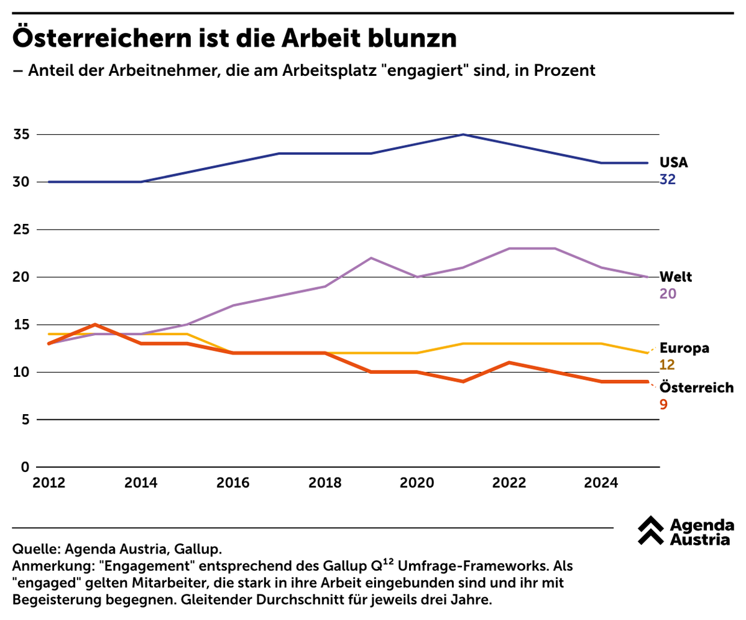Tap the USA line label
pyautogui.click(x=673, y=163)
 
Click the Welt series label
pyautogui.click(x=675, y=277)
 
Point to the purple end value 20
pyautogui.click(x=668, y=294)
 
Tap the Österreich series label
pyautogui.click(x=696, y=387)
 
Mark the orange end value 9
pyautogui.click(x=663, y=405)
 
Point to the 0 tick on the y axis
pyautogui.click(x=25, y=467)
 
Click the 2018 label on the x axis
pyautogui.click(x=325, y=483)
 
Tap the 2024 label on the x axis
pyautogui.click(x=601, y=483)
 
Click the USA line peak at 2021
pyautogui.click(x=463, y=134)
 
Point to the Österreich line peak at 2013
pyautogui.click(x=94, y=325)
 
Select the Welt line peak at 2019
pyautogui.click(x=371, y=258)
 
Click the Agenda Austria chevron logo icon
pyautogui.click(x=651, y=530)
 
